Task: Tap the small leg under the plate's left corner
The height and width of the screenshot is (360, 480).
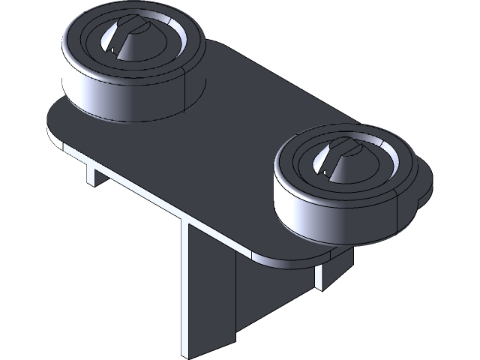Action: tap(91, 175)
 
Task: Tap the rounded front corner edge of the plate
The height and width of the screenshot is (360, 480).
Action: tap(262, 259)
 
